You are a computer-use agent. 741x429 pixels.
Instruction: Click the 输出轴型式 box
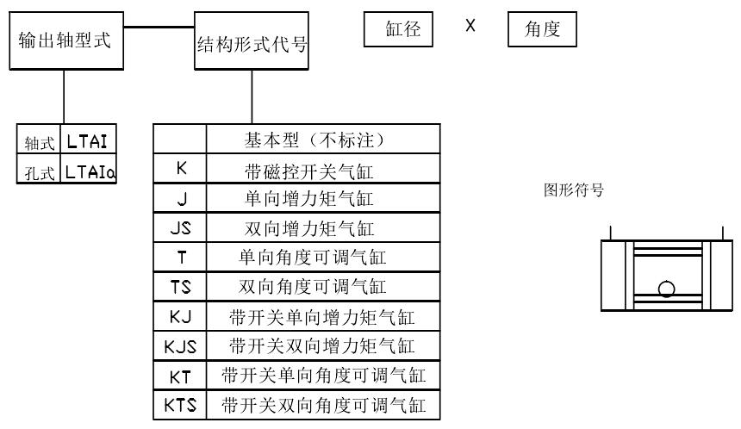(64, 41)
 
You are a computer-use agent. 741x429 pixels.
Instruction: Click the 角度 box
(542, 30)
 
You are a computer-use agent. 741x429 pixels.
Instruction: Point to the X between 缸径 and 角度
(470, 26)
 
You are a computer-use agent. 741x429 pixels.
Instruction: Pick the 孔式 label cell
(39, 172)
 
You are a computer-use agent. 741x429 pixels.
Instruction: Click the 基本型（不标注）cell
(322, 140)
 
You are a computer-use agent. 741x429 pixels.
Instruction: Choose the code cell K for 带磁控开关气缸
(181, 171)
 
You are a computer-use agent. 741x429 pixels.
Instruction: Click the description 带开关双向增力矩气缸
(322, 347)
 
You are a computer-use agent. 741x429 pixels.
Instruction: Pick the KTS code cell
(181, 405)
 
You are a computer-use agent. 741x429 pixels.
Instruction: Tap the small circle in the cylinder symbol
(666, 288)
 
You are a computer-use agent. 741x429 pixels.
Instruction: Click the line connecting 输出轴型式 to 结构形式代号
(156, 27)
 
